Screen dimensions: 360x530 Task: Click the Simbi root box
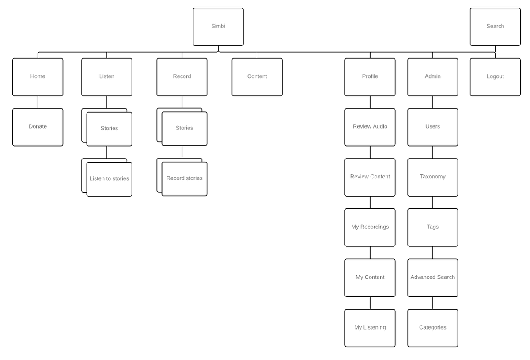tap(218, 27)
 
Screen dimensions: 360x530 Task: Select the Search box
tap(495, 27)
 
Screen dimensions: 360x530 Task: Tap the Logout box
tap(495, 77)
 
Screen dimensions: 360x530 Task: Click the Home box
tap(38, 77)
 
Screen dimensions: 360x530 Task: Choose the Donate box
tap(38, 127)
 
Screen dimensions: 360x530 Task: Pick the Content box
tap(257, 77)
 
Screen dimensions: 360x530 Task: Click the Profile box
tap(370, 77)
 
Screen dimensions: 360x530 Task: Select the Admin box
tap(433, 77)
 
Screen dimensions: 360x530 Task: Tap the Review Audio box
tap(370, 127)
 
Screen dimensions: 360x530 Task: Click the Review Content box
tap(370, 177)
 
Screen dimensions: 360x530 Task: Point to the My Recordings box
tap(370, 227)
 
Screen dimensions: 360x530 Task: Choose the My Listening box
tap(370, 328)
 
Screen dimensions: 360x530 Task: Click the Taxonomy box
tap(433, 177)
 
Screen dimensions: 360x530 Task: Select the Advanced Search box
tap(433, 277)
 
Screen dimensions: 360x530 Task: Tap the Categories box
tap(433, 328)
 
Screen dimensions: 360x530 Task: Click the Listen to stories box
tap(109, 179)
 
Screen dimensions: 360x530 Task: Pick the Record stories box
tap(184, 178)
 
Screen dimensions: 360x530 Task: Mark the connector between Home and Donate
tap(38, 102)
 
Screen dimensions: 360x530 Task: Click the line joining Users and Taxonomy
tap(433, 152)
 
